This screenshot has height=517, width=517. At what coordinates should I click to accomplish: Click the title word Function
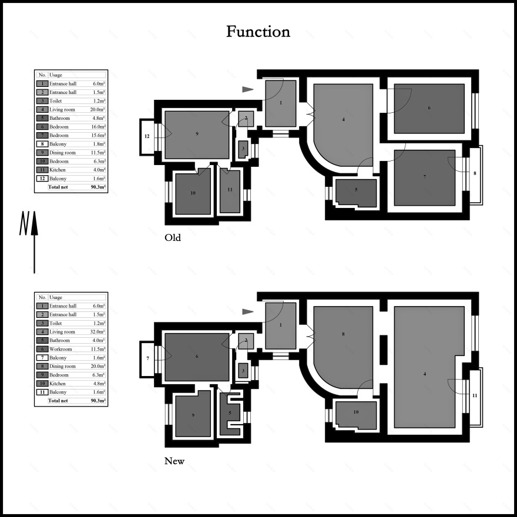(x=258, y=32)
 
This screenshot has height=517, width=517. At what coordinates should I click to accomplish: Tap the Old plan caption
(x=173, y=237)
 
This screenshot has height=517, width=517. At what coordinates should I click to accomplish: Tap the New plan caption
(x=174, y=461)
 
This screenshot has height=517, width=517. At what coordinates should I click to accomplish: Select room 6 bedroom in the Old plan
(x=429, y=109)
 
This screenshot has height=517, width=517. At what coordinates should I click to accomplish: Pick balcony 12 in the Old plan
(x=147, y=136)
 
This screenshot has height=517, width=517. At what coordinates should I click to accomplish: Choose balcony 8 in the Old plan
(x=475, y=174)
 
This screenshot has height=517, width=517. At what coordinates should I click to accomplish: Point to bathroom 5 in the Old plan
(x=356, y=193)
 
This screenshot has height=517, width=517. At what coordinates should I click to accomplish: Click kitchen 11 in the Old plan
(x=230, y=190)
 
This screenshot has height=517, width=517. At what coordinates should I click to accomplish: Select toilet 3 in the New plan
(x=243, y=371)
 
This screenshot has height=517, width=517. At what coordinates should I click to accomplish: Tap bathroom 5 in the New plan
(x=230, y=413)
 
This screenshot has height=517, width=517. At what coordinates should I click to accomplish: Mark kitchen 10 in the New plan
(x=356, y=415)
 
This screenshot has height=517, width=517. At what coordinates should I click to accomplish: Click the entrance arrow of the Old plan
(x=248, y=89)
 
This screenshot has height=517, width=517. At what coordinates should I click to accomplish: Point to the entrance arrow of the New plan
(x=248, y=311)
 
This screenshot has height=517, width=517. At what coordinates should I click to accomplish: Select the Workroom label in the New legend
(x=61, y=349)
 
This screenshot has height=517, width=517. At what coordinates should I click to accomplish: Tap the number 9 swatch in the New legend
(x=42, y=375)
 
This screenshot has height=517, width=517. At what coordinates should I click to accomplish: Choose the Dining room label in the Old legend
(x=62, y=153)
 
